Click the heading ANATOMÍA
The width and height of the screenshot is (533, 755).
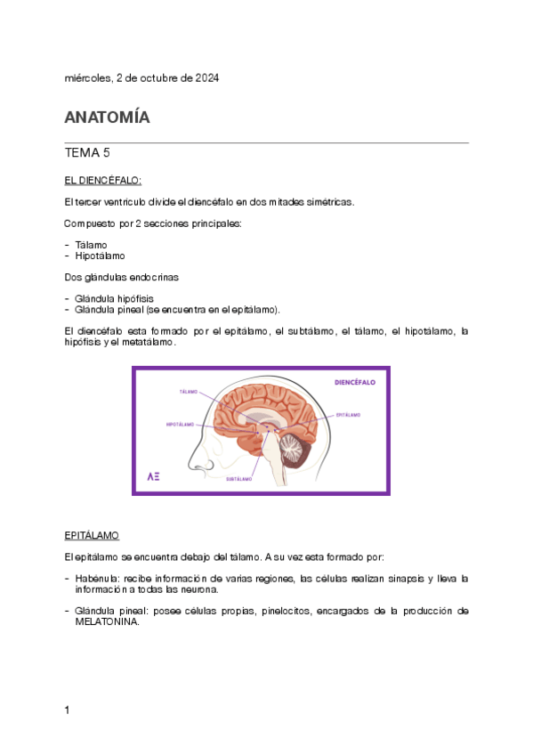tap(107, 118)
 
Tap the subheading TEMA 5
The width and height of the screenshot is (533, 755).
tap(87, 152)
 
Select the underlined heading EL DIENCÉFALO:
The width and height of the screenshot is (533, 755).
tap(103, 180)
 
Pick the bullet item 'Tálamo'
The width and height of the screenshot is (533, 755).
tap(91, 243)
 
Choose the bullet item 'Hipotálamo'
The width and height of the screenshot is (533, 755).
tap(100, 256)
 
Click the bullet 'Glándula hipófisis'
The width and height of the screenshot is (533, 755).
tap(116, 298)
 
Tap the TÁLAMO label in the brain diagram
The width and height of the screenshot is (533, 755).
tap(188, 392)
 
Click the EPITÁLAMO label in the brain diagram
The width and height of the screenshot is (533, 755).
tap(348, 415)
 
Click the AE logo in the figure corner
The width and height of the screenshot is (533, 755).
tap(153, 476)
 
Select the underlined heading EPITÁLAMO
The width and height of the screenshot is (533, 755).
tap(92, 536)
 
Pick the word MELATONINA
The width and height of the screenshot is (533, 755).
tap(108, 622)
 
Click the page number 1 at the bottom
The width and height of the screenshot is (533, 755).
tap(68, 710)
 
